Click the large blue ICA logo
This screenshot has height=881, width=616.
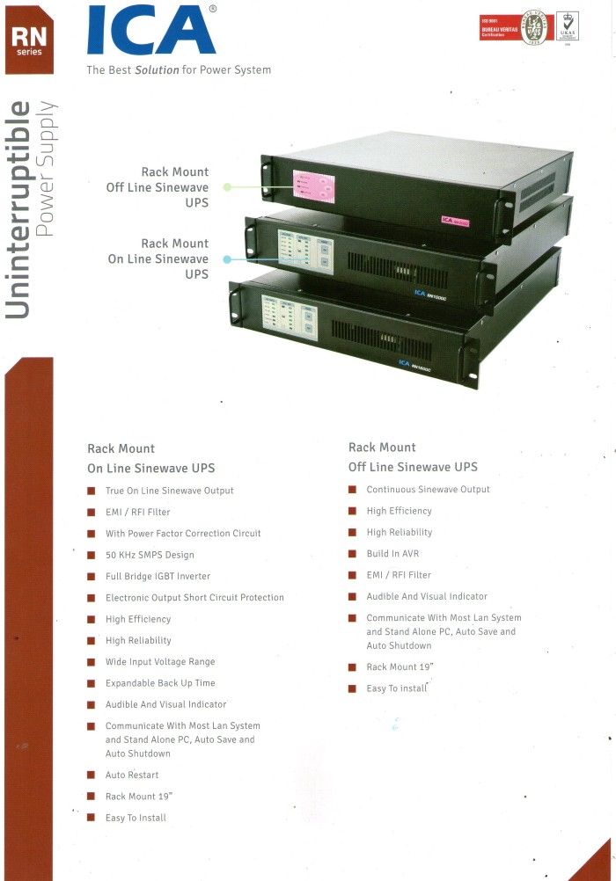point(150,31)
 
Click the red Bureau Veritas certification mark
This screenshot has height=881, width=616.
point(497,26)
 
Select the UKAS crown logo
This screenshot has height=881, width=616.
point(568,25)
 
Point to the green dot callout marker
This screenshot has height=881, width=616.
point(227,187)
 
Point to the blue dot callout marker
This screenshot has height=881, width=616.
point(227,259)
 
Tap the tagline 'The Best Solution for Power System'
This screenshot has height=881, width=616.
point(179,69)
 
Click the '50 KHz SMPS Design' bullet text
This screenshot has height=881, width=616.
point(150,555)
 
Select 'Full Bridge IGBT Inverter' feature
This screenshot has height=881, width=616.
point(158,576)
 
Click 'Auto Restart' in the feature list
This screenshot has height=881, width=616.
point(132,775)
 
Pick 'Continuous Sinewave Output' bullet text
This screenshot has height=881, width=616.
point(428,490)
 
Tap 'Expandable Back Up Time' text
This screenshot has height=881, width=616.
point(160,683)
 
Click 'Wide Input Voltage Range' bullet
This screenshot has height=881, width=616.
point(160,662)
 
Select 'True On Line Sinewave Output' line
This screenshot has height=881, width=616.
point(169,491)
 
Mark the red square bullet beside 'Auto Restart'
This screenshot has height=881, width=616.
point(91,775)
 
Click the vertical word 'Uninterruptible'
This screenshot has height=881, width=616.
point(19,208)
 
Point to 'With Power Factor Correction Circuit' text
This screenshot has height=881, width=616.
point(183,534)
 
